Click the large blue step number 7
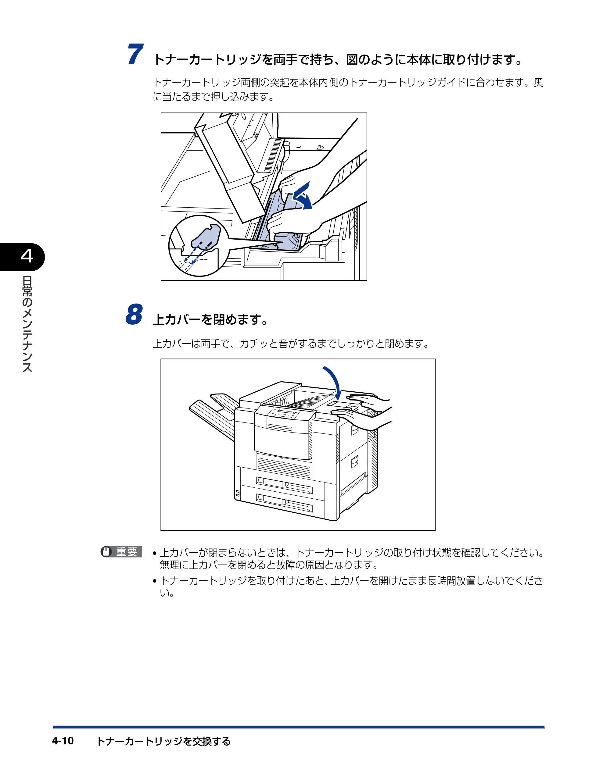coord(135,54)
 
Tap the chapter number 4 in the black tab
coord(27,256)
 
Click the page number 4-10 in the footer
coord(63,741)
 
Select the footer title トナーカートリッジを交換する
coord(164,741)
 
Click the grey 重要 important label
coord(121,551)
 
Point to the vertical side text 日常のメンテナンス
coord(27,324)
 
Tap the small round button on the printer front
coord(282,460)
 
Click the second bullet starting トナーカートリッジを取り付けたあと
coord(348,586)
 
